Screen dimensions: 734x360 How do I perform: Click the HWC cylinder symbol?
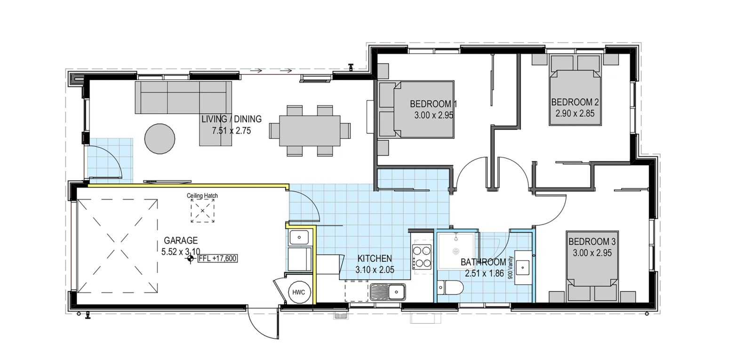click(x=298, y=292)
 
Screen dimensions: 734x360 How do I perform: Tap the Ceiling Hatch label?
click(x=202, y=196)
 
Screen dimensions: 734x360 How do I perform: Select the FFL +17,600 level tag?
click(x=217, y=258)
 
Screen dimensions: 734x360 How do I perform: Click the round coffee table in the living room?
click(x=160, y=138)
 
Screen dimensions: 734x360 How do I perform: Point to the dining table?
click(x=310, y=130)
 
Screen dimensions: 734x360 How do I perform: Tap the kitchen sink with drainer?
click(x=388, y=292)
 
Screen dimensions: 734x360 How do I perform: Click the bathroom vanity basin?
click(x=523, y=267)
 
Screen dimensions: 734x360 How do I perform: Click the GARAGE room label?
click(x=181, y=240)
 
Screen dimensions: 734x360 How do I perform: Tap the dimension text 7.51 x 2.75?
click(x=231, y=131)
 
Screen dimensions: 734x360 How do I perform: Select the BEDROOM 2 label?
click(x=575, y=102)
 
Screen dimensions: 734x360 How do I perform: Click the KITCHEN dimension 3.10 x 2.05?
click(x=375, y=270)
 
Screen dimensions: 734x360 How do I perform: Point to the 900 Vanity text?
click(x=510, y=268)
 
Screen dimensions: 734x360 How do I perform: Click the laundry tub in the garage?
click(x=299, y=237)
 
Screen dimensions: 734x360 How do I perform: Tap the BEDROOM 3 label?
click(x=592, y=241)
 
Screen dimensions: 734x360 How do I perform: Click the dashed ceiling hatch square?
click(x=202, y=211)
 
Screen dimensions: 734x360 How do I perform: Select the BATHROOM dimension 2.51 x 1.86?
click(x=484, y=273)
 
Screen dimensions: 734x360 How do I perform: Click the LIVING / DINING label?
click(x=231, y=119)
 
